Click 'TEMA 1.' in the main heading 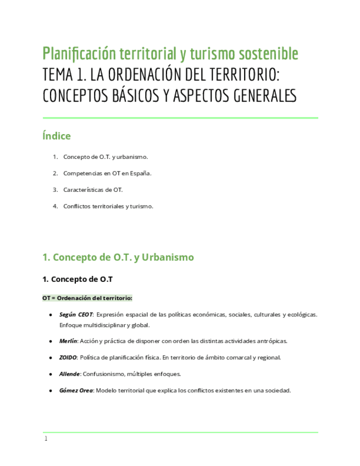click(x=62, y=74)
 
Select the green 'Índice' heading click(x=57, y=136)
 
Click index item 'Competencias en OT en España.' click(x=107, y=173)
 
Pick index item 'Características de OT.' click(x=93, y=190)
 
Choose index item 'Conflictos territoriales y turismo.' click(x=108, y=206)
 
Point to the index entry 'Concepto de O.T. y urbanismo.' click(x=106, y=157)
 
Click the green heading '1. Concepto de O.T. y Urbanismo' click(x=118, y=257)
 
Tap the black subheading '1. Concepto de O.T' click(x=77, y=279)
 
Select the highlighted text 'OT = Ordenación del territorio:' click(x=87, y=298)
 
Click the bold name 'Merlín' click(x=68, y=341)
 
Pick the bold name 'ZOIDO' click(x=68, y=357)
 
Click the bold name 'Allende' click(x=70, y=374)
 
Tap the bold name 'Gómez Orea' click(x=76, y=391)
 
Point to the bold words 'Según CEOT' click(x=76, y=314)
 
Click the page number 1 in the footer click(x=46, y=439)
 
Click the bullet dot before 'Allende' click(x=51, y=374)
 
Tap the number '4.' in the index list click(x=56, y=206)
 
